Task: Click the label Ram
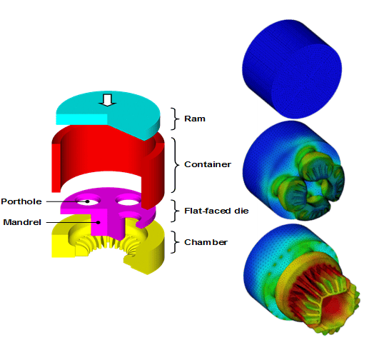click(x=195, y=119)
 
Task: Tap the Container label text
click(x=208, y=164)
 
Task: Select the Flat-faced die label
click(x=216, y=211)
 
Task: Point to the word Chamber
click(x=206, y=242)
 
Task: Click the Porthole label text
click(x=21, y=201)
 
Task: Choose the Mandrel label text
click(x=22, y=222)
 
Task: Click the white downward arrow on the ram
click(x=107, y=100)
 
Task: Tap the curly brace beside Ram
click(x=175, y=119)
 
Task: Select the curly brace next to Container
click(x=175, y=165)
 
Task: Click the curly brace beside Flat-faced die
click(x=175, y=211)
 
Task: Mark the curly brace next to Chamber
click(x=175, y=242)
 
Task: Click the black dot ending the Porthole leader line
click(x=88, y=201)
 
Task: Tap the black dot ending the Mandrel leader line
click(x=98, y=222)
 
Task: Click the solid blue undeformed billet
click(x=292, y=69)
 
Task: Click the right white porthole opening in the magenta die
click(x=128, y=201)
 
